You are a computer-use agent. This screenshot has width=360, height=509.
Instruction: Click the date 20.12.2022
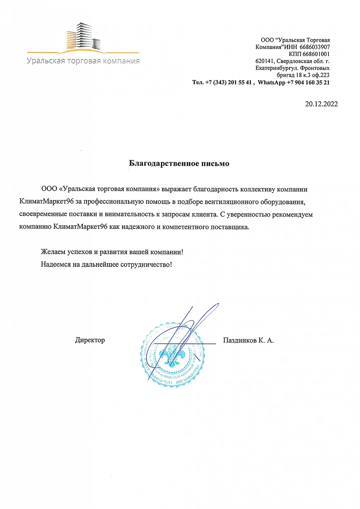pyautogui.click(x=321, y=104)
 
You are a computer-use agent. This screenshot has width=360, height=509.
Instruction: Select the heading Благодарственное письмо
pyautogui.click(x=179, y=164)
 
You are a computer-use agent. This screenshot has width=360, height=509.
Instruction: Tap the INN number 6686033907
pyautogui.click(x=315, y=47)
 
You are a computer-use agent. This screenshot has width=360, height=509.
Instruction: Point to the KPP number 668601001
pyautogui.click(x=316, y=54)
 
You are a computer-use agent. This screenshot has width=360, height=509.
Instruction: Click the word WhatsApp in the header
pyautogui.click(x=271, y=82)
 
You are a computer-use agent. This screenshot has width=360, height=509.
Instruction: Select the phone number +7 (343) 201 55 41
pyautogui.click(x=228, y=82)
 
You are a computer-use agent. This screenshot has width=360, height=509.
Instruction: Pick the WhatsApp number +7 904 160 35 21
pyautogui.click(x=308, y=82)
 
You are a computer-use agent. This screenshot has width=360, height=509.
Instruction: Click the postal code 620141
pyautogui.click(x=265, y=61)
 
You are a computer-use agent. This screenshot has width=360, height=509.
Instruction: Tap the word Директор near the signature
pyautogui.click(x=90, y=340)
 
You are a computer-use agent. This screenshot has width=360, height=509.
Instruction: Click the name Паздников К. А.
pyautogui.click(x=248, y=340)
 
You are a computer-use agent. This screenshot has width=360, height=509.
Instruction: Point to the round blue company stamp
pyautogui.click(x=172, y=355)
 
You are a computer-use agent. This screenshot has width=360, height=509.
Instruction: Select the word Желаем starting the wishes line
pyautogui.click(x=53, y=252)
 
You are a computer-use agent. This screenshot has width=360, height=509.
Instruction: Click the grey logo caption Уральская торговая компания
pyautogui.click(x=83, y=61)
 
